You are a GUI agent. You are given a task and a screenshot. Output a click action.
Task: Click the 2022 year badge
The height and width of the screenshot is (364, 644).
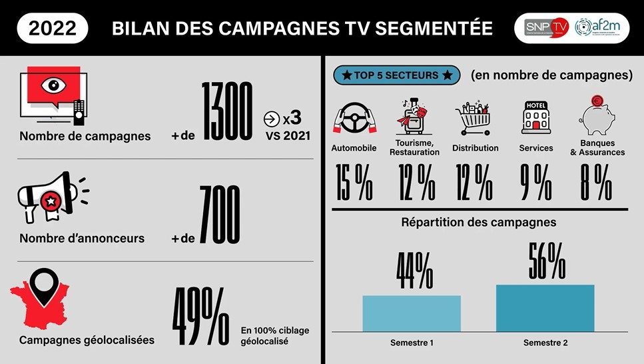pyautogui.click(x=52, y=28)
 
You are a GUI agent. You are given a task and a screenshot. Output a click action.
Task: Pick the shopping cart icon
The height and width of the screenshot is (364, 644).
pyautogui.click(x=474, y=119)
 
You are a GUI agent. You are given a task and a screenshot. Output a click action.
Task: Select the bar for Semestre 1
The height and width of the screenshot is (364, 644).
pyautogui.click(x=411, y=313)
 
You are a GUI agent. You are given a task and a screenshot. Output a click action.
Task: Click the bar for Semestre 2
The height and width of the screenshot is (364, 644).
pyautogui.click(x=545, y=307)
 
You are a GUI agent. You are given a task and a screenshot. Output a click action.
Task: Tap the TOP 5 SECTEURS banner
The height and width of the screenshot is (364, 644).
pyautogui.click(x=397, y=75)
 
